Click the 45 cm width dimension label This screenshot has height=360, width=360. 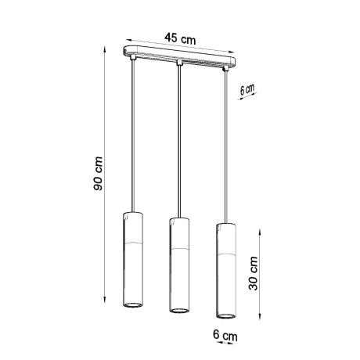click(x=180, y=38)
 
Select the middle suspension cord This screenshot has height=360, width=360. click(x=179, y=141)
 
